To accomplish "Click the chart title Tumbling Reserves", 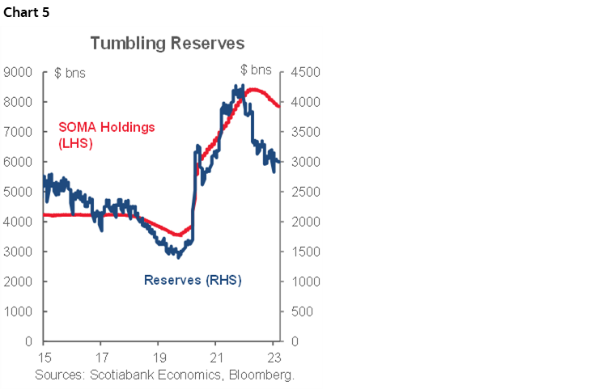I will coord(168,43).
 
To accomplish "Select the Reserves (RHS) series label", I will coord(193,281).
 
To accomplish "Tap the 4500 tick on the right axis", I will coord(301,72).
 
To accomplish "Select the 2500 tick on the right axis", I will coord(301,192).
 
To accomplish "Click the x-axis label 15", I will coord(45,356).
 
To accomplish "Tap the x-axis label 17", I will coord(102,356).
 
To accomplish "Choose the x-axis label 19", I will coord(159,356).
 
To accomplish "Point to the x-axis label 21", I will coord(216,356).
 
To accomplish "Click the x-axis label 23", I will coord(274,356).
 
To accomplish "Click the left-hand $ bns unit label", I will coord(70,73).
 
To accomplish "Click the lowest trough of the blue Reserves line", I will coord(178,256).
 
